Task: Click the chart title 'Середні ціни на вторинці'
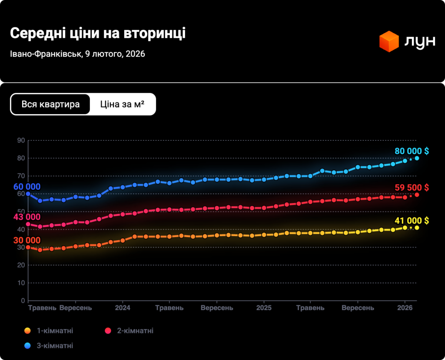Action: pos(97,34)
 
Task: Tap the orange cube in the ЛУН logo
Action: pos(389,41)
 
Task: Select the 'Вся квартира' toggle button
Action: pos(50,104)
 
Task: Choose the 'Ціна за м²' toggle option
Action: pos(122,104)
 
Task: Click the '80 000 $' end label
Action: pos(412,151)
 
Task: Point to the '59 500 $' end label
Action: pos(412,188)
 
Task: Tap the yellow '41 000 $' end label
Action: pos(412,221)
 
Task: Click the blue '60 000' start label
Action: pos(27,187)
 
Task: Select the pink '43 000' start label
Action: pos(27,217)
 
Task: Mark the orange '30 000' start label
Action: pos(27,241)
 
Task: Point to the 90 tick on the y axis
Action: pos(21,140)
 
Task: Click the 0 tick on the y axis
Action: pos(23,301)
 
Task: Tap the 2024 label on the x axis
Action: pos(123,308)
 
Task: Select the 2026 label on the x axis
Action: pos(405,308)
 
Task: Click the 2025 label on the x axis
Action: pos(264,308)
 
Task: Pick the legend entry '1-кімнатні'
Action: pos(55,331)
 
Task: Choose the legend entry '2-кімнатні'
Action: pos(135,331)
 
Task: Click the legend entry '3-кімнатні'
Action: pos(55,346)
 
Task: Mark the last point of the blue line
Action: pos(417,158)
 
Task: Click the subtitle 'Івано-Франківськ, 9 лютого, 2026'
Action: pos(77,54)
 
